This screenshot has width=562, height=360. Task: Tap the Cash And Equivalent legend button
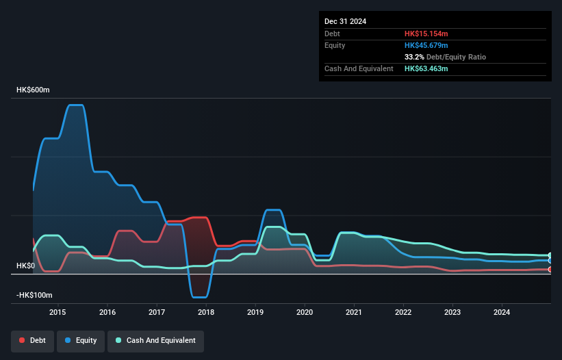[156, 340]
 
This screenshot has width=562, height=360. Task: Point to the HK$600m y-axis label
[33, 90]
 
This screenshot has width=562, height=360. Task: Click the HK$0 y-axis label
[25, 266]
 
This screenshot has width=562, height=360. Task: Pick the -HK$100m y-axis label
[34, 295]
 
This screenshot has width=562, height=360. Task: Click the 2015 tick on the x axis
[58, 313]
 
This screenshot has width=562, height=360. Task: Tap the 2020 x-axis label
[305, 313]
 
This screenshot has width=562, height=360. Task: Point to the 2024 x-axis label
[502, 313]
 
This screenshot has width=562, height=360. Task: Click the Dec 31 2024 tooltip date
[345, 21]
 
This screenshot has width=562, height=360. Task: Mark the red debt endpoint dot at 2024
[550, 269]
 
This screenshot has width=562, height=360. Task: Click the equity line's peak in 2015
[75, 105]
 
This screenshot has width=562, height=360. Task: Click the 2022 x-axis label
[403, 313]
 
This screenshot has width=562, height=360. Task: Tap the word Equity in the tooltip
[335, 45]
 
